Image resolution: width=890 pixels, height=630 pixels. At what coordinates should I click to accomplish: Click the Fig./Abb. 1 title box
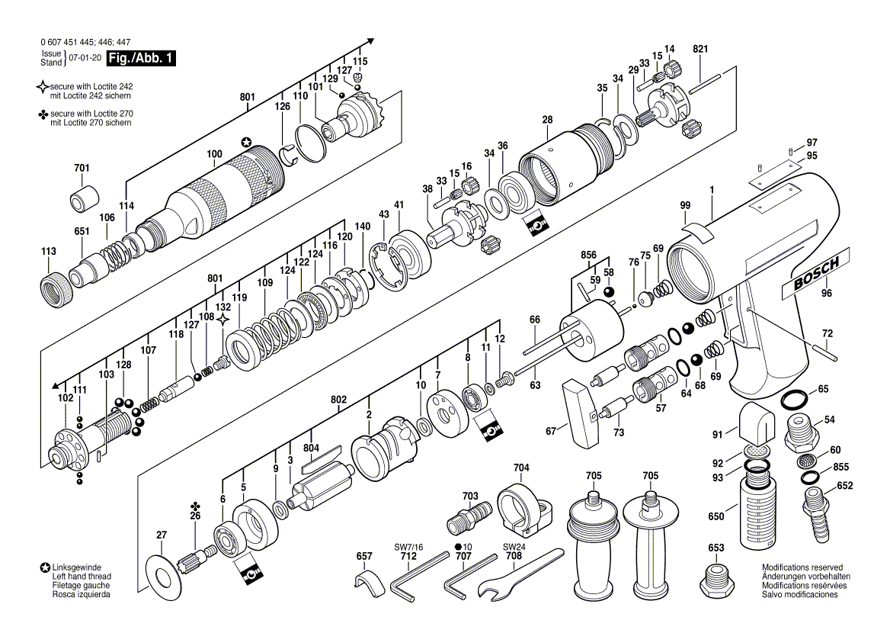[141, 59]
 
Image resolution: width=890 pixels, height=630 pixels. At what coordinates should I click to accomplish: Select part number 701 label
[82, 168]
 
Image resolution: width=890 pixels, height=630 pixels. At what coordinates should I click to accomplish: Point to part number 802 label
[338, 399]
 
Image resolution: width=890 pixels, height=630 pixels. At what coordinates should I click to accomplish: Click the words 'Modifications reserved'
[802, 568]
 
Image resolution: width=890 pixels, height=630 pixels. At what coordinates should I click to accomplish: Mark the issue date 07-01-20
[85, 58]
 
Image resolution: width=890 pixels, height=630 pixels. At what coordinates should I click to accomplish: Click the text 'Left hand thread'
[82, 577]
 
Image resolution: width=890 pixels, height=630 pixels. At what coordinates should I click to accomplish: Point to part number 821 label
[700, 50]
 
